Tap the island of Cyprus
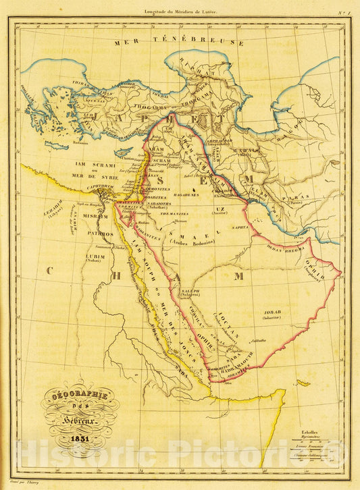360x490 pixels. coord(124,152)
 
